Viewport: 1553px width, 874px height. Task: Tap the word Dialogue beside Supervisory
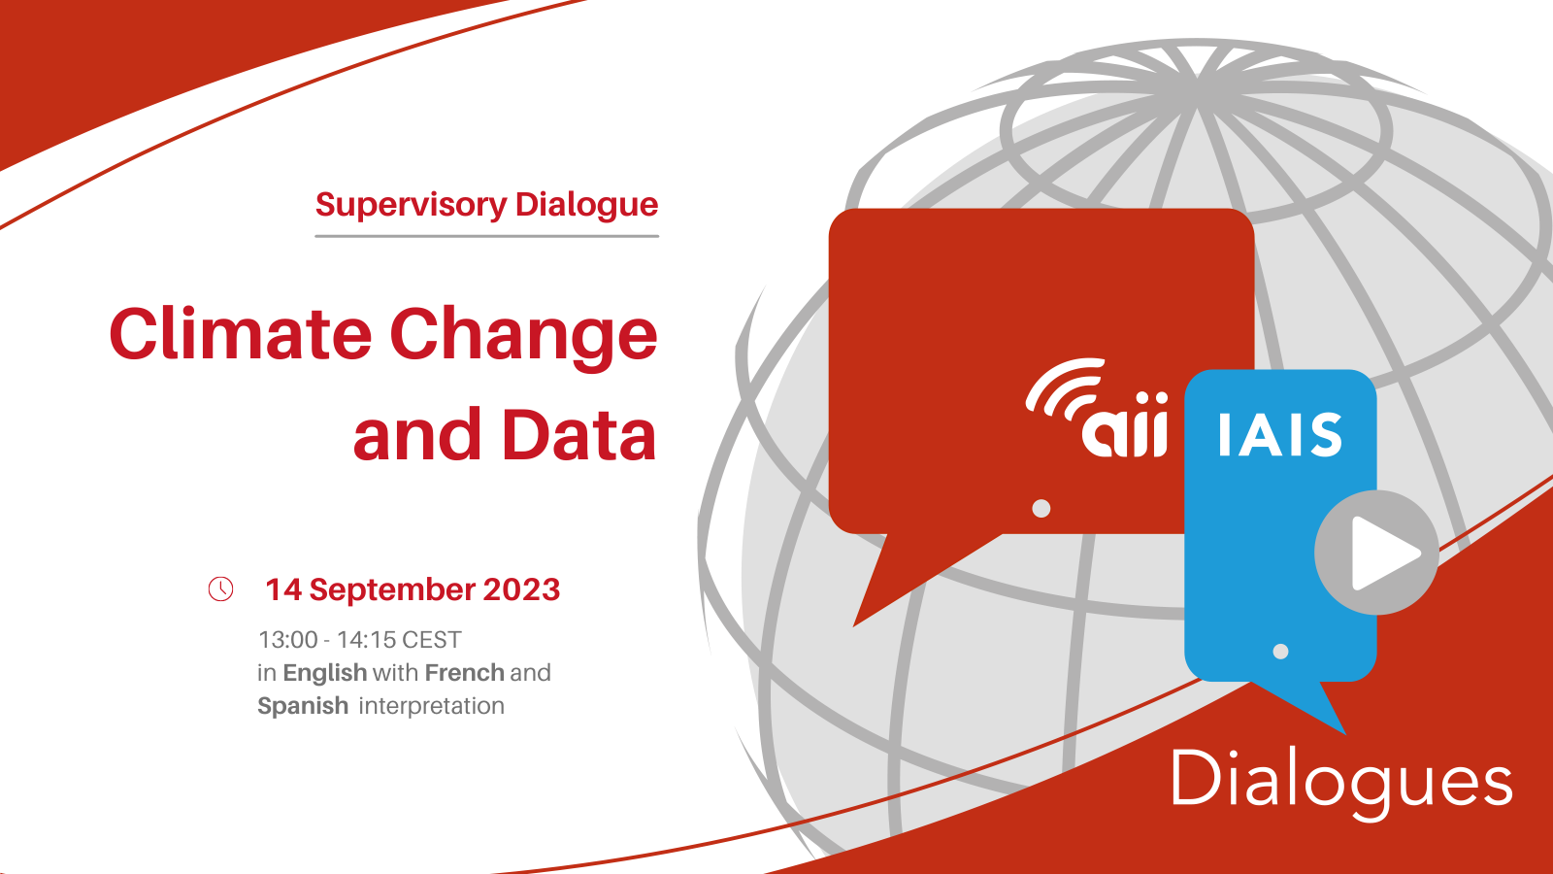point(586,205)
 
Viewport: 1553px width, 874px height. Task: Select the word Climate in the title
point(241,334)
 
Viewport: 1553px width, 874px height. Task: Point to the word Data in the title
point(578,434)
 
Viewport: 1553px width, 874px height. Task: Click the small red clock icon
point(220,588)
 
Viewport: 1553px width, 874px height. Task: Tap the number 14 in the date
point(283,589)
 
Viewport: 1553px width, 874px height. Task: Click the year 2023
point(521,589)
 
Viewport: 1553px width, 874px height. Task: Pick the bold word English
point(324,674)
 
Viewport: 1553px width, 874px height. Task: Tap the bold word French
point(465,672)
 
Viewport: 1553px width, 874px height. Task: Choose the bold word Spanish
point(303,707)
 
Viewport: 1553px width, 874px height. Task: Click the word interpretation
point(431,706)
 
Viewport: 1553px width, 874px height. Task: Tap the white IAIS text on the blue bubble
point(1280,435)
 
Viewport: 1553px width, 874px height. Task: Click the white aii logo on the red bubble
point(1098,408)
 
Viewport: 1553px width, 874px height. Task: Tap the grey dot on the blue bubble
point(1280,652)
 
